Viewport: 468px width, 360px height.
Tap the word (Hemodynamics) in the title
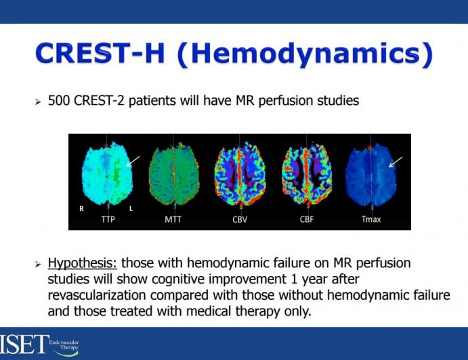[304, 54]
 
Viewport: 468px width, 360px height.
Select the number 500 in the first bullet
[60, 101]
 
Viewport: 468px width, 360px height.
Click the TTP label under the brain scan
[108, 219]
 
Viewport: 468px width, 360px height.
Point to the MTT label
[173, 219]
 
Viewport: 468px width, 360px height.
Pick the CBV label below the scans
[238, 219]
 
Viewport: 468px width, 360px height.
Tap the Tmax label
[370, 219]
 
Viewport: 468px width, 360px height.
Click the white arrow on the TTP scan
[134, 160]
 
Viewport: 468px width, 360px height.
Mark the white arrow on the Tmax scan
[396, 162]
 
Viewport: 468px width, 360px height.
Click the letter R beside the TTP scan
[81, 208]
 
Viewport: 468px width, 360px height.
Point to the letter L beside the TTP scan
[131, 208]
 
